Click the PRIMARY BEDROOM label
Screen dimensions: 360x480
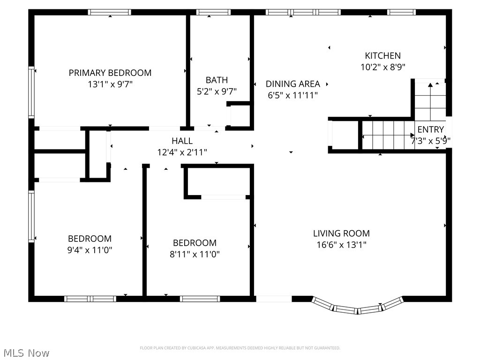pos(110,73)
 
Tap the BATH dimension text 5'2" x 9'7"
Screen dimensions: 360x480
pos(217,92)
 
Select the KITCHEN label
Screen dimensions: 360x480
pos(383,55)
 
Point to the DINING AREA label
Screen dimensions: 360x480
pos(293,84)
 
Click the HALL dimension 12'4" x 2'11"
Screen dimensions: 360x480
pos(182,152)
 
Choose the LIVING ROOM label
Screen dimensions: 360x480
pos(341,233)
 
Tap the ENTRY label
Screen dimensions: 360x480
pos(430,129)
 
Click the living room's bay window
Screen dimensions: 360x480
pos(358,307)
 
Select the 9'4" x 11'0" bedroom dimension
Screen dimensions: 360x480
pos(90,250)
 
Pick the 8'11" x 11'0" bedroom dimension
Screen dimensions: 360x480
pos(195,255)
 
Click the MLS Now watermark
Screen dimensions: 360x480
pos(26,352)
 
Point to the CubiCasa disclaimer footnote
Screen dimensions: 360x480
pos(240,348)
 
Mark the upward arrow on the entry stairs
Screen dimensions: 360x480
pos(430,85)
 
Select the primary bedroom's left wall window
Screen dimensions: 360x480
pos(32,92)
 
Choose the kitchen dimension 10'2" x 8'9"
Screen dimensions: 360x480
pos(383,67)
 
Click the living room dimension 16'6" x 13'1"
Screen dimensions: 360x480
pos(341,244)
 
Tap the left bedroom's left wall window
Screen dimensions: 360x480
pos(32,216)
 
